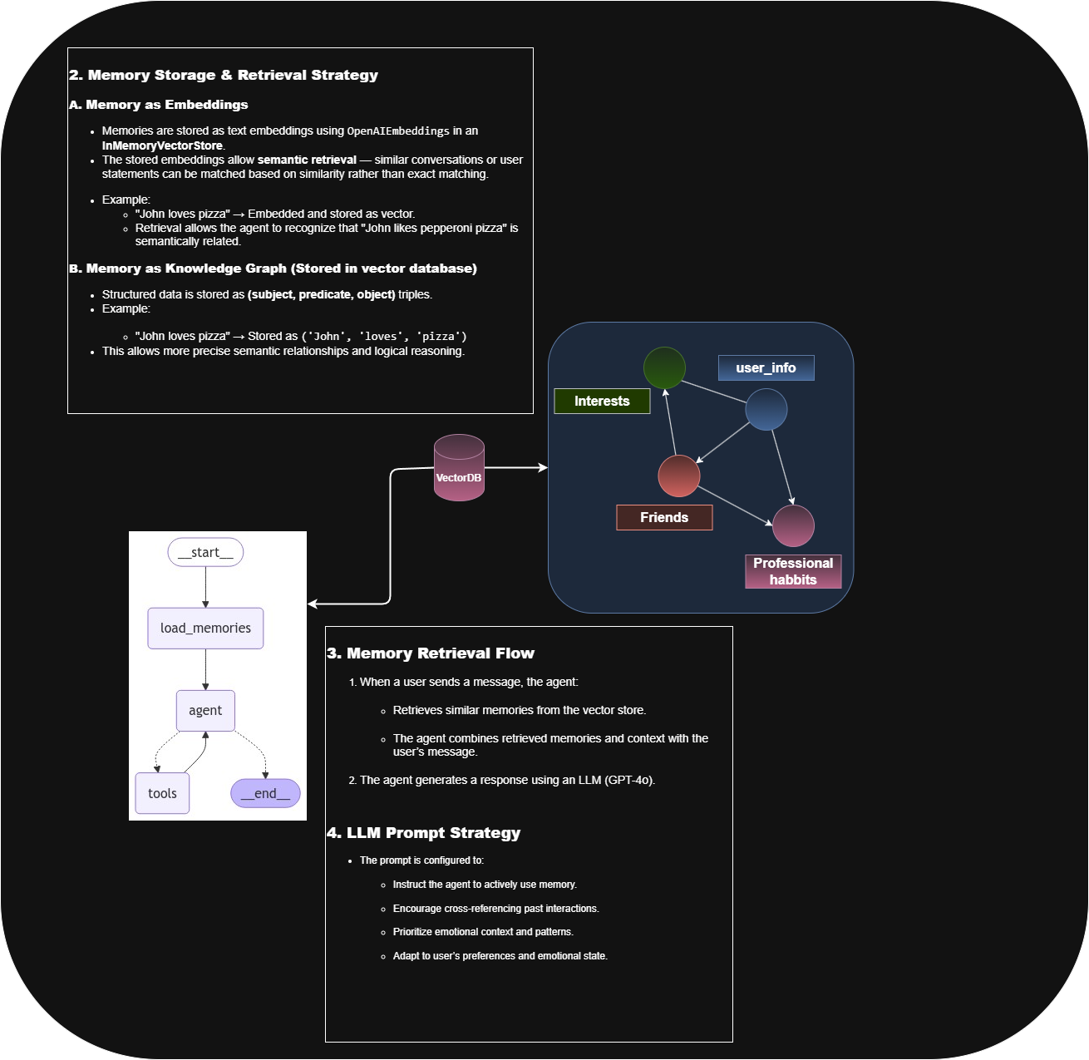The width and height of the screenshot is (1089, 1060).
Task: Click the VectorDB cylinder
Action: (x=459, y=469)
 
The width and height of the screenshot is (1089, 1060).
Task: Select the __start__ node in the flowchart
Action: (x=205, y=553)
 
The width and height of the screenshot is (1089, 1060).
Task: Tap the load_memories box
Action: (x=205, y=629)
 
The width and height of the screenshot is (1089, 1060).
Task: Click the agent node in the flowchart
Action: (x=205, y=711)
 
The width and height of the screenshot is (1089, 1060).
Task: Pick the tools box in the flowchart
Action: (x=162, y=793)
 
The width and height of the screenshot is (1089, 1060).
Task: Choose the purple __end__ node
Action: (x=265, y=793)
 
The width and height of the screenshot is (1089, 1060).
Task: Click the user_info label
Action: (x=766, y=368)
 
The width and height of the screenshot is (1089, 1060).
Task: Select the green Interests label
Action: (x=602, y=402)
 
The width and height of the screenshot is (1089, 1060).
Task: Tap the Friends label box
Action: (x=664, y=518)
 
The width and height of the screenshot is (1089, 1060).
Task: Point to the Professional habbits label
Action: (x=793, y=572)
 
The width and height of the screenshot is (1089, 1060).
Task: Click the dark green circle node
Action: (x=664, y=367)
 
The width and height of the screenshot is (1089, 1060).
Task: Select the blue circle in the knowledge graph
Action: (x=766, y=409)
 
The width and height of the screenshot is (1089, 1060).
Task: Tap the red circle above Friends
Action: (x=678, y=476)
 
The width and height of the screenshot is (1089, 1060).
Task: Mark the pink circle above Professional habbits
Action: (x=793, y=525)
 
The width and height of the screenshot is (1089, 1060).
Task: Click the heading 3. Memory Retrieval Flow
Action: (x=431, y=653)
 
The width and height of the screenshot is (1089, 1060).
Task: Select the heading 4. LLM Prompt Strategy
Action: (x=424, y=833)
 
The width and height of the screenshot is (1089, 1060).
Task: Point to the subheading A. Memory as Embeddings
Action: (x=159, y=105)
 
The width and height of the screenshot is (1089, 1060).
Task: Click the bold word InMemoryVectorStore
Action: (x=162, y=145)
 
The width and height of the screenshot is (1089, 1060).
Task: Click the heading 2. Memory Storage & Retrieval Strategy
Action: (x=224, y=76)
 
